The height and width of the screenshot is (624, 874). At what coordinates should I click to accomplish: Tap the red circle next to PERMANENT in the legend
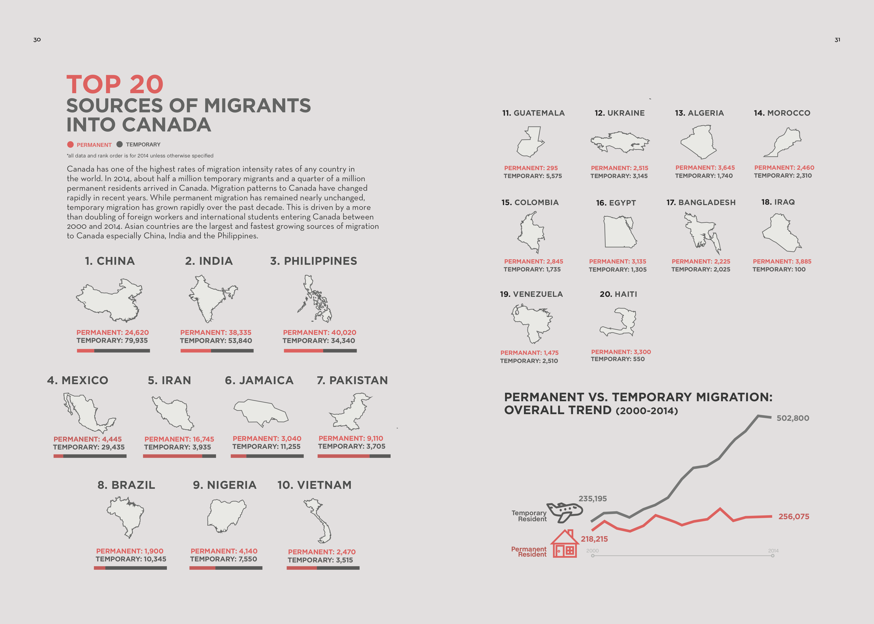point(70,145)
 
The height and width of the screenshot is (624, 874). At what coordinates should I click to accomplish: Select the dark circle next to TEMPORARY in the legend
point(119,144)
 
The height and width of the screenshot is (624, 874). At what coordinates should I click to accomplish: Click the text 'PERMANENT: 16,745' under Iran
point(179,439)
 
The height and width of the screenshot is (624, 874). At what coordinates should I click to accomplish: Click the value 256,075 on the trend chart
point(794,516)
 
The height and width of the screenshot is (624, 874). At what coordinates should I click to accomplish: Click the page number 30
point(37,40)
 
